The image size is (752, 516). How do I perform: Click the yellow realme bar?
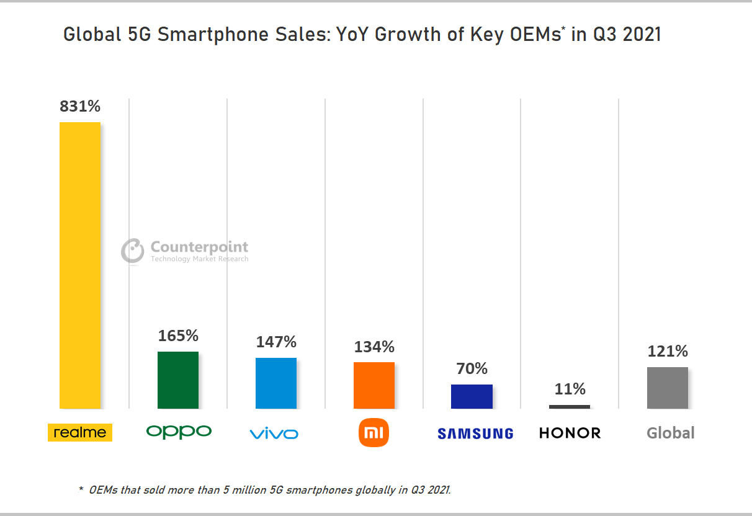(80, 265)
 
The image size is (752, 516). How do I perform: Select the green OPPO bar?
(178, 380)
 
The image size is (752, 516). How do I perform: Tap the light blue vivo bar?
(276, 383)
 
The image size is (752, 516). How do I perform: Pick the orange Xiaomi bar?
(374, 385)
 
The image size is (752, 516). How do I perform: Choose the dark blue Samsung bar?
(472, 396)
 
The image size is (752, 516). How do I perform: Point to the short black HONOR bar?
(570, 407)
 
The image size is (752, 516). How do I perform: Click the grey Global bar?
(668, 388)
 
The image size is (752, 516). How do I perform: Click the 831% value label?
(80, 107)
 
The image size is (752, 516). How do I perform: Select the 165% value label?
(178, 336)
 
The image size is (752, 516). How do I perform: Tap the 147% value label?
(276, 342)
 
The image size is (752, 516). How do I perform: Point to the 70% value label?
(472, 369)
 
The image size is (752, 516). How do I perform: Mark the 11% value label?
(570, 389)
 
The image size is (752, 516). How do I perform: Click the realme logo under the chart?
(80, 432)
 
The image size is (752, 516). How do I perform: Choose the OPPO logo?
(179, 432)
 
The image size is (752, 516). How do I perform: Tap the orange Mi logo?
(374, 432)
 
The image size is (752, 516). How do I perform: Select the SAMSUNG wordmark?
(475, 434)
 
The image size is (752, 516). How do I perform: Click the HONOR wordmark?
(570, 433)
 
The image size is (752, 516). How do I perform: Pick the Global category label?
(671, 433)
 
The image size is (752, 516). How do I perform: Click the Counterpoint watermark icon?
(132, 251)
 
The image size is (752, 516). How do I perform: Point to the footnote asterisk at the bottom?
(81, 489)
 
